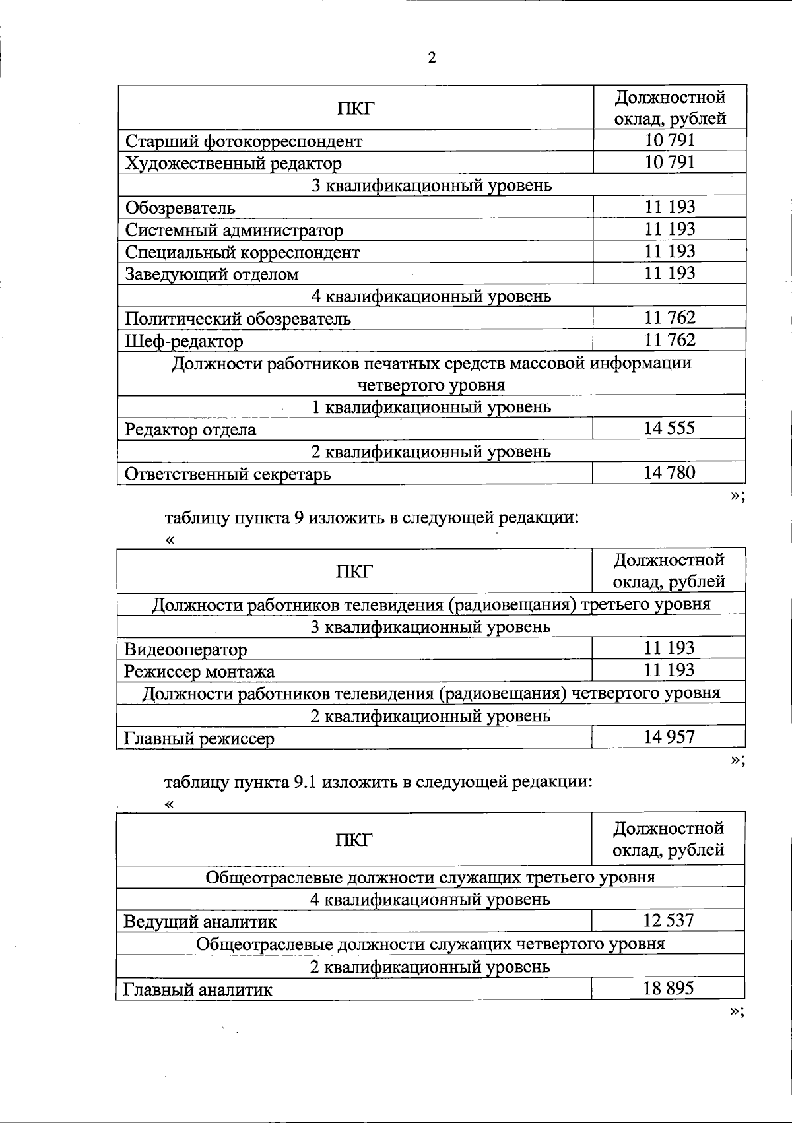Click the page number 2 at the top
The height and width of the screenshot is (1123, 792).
pyautogui.click(x=432, y=58)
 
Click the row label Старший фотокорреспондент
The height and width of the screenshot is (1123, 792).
pyautogui.click(x=244, y=141)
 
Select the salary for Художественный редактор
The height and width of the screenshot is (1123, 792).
pyautogui.click(x=669, y=162)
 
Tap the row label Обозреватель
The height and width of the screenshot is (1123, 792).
pyautogui.click(x=180, y=208)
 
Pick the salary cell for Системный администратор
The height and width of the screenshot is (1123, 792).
pyautogui.click(x=669, y=229)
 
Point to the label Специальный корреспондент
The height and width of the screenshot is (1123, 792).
pyautogui.click(x=242, y=252)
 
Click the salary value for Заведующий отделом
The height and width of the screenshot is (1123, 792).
pyautogui.click(x=669, y=273)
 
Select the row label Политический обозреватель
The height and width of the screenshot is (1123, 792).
pyautogui.click(x=238, y=319)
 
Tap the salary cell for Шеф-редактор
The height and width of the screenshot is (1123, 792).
pyautogui.click(x=669, y=340)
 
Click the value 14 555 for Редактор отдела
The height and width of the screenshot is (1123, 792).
pyautogui.click(x=669, y=428)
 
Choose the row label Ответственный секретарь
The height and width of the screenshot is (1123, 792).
pyautogui.click(x=228, y=474)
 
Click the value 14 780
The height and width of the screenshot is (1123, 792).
pyautogui.click(x=669, y=472)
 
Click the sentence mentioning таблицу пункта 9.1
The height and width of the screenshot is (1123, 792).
pyautogui.click(x=378, y=782)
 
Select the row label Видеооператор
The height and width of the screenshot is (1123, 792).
pyautogui.click(x=185, y=649)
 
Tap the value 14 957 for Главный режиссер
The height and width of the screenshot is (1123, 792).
pyautogui.click(x=669, y=737)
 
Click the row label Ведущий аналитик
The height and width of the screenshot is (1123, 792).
pyautogui.click(x=200, y=921)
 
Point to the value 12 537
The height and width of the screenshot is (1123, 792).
pyautogui.click(x=668, y=920)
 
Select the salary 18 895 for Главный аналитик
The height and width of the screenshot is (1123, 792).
pyautogui.click(x=668, y=988)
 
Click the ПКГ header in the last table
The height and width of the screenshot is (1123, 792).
pyautogui.click(x=354, y=839)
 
